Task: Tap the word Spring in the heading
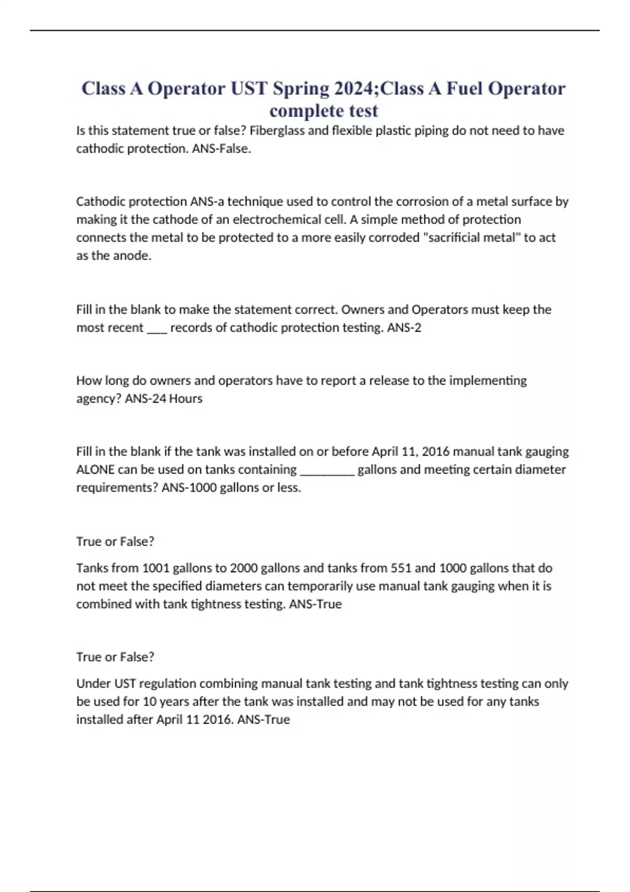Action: [300, 88]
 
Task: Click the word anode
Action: [135, 256]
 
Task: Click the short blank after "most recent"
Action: [157, 328]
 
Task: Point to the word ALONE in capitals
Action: [96, 469]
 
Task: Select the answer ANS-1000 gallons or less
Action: [231, 487]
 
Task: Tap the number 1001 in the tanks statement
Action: [156, 568]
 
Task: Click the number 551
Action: [401, 568]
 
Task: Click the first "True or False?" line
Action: [115, 541]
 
